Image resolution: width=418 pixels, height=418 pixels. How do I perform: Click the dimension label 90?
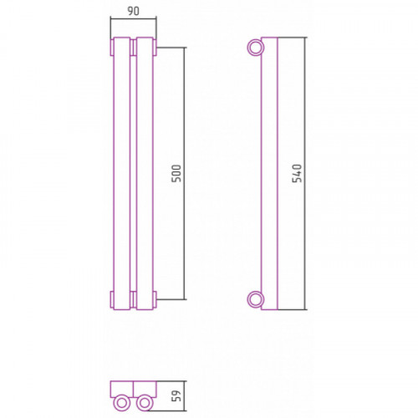(x=133, y=11)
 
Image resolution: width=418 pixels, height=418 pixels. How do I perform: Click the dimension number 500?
(x=176, y=173)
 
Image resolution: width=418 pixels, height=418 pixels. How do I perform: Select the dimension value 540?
(x=297, y=173)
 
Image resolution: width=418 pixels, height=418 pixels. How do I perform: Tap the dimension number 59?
(x=176, y=395)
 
